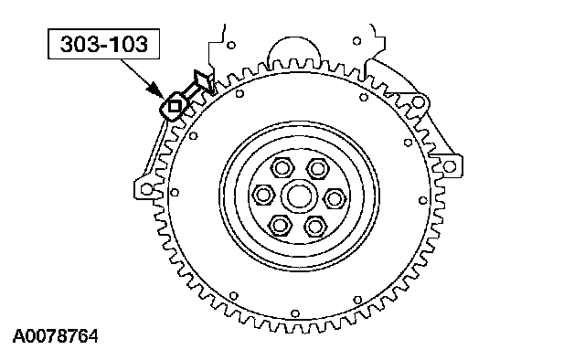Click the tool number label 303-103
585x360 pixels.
103,44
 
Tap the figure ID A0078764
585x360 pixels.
56,336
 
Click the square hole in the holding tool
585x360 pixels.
174,107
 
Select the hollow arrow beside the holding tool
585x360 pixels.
197,84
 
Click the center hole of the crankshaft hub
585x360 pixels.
299,196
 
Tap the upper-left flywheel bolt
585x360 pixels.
282,168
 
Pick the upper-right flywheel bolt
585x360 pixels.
317,168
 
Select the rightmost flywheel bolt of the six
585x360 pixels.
334,198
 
